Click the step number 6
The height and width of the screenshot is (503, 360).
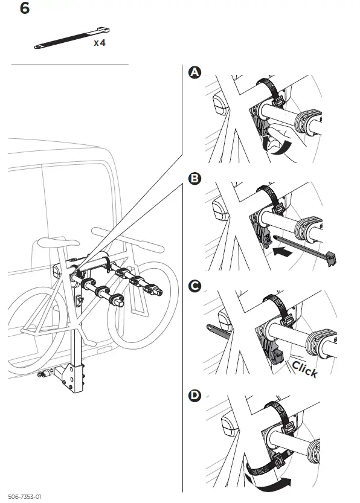(x=25, y=10)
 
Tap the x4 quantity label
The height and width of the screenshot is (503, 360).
(x=100, y=43)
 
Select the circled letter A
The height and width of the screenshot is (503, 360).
(x=194, y=72)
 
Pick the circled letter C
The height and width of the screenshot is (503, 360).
(x=194, y=287)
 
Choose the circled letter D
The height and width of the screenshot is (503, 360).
(x=194, y=396)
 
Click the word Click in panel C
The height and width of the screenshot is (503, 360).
(x=304, y=369)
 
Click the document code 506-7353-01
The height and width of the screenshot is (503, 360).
(x=25, y=496)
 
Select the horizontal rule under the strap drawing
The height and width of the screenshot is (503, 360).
(x=69, y=64)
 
